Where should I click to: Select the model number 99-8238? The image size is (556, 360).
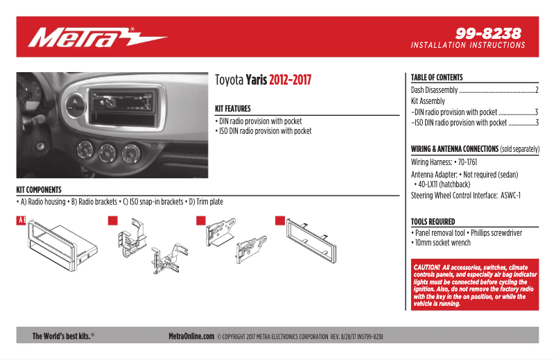point(488,33)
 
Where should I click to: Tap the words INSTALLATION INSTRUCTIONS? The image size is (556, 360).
point(468,46)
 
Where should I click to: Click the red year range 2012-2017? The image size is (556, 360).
point(290,80)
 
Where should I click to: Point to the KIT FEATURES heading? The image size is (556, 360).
point(233,109)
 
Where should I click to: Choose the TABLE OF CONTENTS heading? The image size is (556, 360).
point(437,78)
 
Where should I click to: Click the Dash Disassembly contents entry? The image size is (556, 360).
point(434,90)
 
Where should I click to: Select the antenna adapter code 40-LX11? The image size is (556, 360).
point(433,185)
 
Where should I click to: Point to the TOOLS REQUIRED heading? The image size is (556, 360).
point(433,222)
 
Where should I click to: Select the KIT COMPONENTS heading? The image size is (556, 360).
point(39,189)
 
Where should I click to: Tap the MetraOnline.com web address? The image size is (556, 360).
point(191,336)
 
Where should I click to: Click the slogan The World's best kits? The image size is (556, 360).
point(62,336)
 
